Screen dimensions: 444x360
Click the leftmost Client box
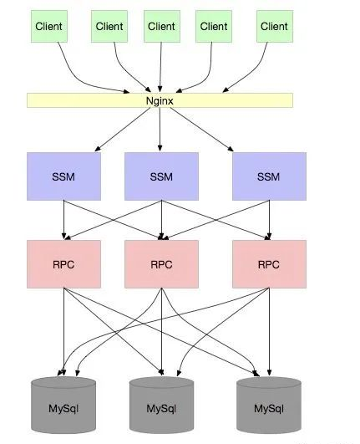pos(49,27)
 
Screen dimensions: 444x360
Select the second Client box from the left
pos(109,27)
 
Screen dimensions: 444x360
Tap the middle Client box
pos(161,27)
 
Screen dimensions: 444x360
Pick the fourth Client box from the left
pos(214,27)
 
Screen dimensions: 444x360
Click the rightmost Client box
pos(273,27)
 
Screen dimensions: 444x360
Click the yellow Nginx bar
pos(84,100)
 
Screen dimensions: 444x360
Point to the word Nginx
pos(160,100)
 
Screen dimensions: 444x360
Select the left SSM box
pos(63,176)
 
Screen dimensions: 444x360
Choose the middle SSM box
pos(161,176)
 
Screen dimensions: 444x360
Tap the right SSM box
pos(268,176)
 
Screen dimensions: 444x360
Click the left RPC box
pos(63,264)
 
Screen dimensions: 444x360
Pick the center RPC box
pos(161,264)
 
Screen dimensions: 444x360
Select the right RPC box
pos(268,264)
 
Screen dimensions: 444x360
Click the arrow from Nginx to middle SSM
pos(160,130)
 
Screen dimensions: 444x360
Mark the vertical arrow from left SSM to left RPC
pos(63,219)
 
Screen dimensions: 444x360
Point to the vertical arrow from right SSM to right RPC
pos(268,219)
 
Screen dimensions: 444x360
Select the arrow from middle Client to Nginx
pos(160,67)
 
